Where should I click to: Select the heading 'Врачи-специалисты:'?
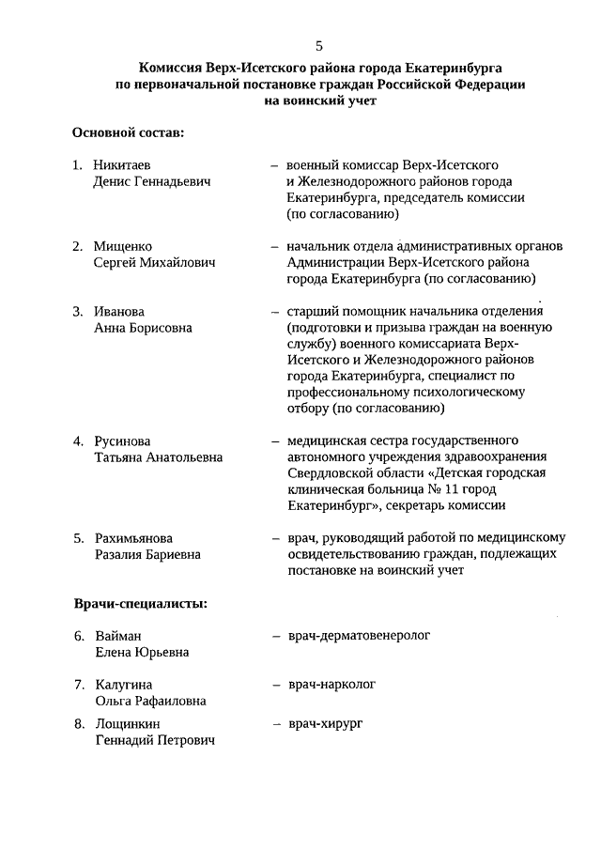point(141,602)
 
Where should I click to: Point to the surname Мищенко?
point(123,246)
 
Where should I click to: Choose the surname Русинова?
point(122,440)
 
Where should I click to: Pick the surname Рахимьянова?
point(133,538)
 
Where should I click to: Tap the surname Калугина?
point(123,685)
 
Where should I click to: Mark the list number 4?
point(78,440)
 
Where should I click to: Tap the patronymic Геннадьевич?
point(177,181)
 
